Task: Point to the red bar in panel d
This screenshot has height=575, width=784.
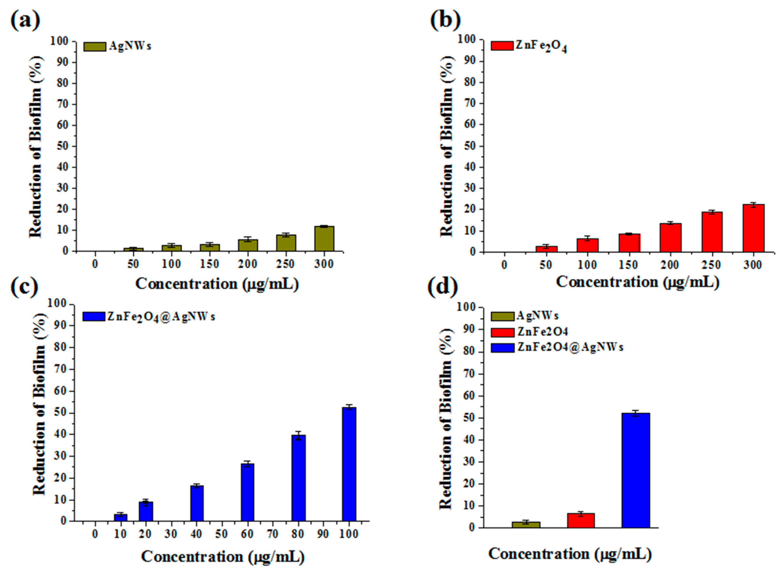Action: (581, 520)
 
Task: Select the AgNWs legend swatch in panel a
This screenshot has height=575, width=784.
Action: (95, 47)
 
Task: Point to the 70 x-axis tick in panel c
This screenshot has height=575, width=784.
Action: (273, 534)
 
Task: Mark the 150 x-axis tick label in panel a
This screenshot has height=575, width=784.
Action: (209, 264)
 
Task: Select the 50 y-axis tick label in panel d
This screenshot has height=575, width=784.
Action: (470, 418)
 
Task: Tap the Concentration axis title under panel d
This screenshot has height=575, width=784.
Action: (570, 553)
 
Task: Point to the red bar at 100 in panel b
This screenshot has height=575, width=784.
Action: (588, 245)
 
